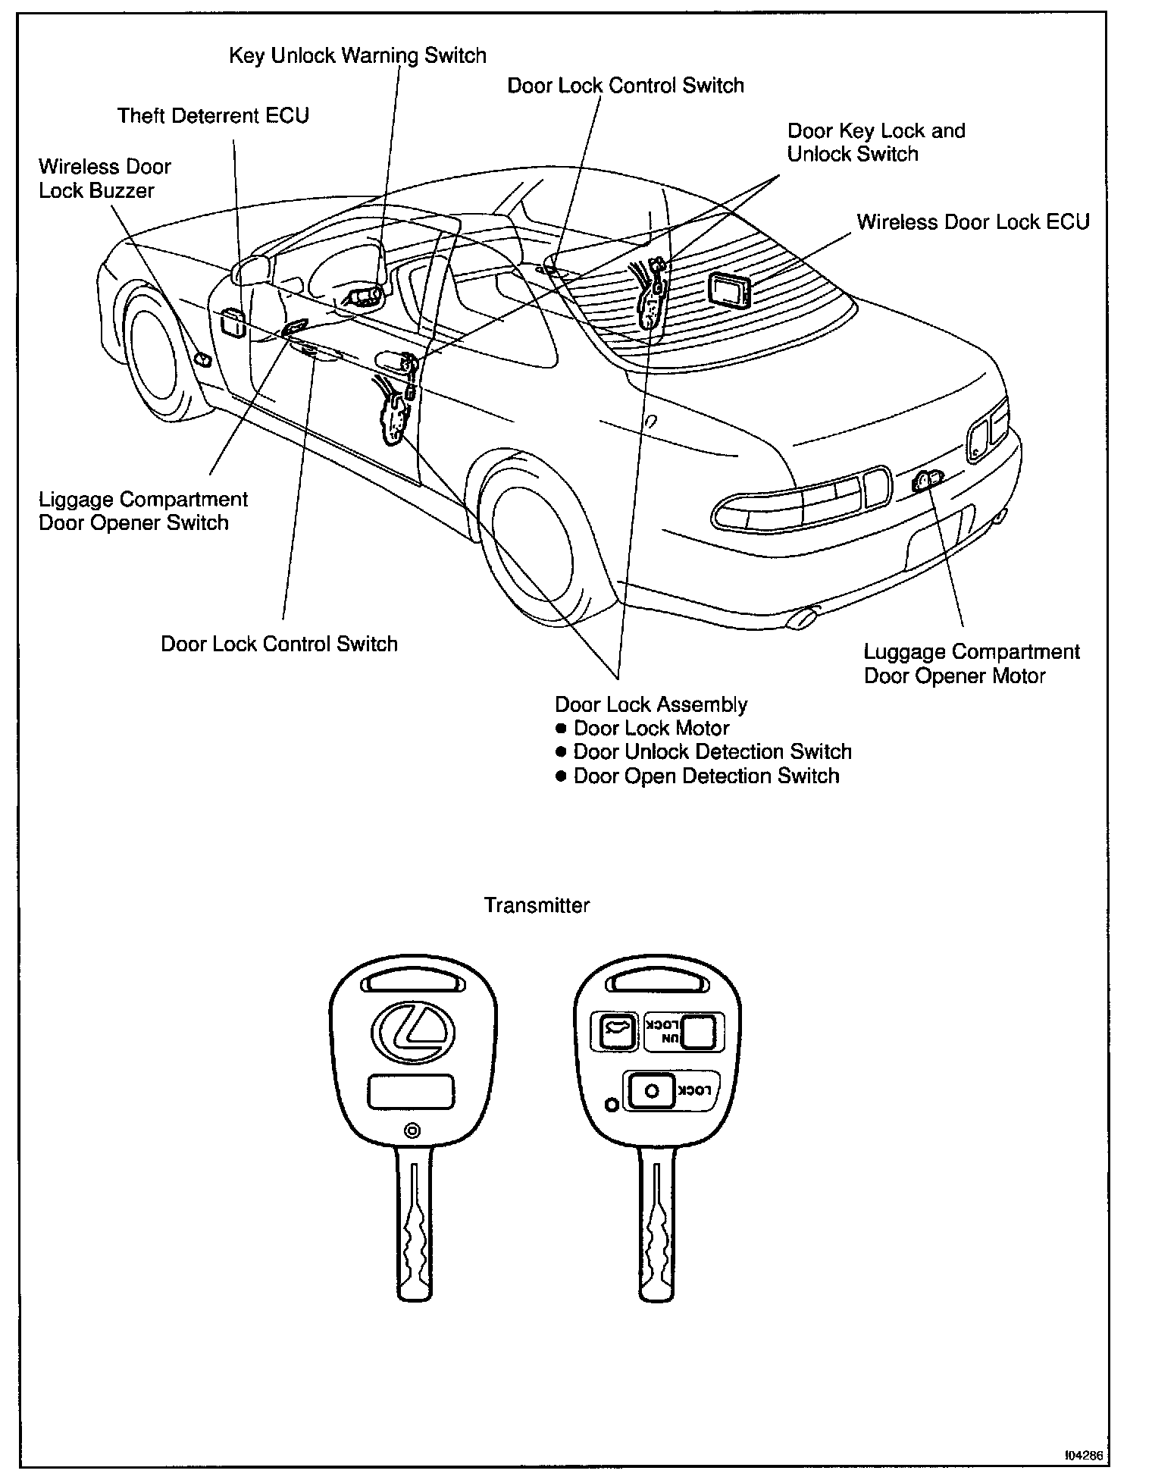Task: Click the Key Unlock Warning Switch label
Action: (x=357, y=56)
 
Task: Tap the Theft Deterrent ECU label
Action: (x=213, y=115)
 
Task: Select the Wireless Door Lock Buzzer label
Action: (x=105, y=178)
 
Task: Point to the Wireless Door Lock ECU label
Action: (x=972, y=222)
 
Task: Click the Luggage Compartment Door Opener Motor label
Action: (x=972, y=663)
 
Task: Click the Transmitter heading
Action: (x=537, y=905)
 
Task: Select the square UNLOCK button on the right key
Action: (x=699, y=1031)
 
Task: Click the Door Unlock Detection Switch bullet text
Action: (x=712, y=752)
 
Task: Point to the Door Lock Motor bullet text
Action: (x=651, y=729)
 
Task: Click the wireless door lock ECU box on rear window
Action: (x=730, y=290)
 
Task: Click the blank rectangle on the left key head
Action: (x=411, y=1092)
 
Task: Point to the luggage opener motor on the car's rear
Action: (x=927, y=481)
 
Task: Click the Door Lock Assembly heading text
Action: (x=651, y=704)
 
